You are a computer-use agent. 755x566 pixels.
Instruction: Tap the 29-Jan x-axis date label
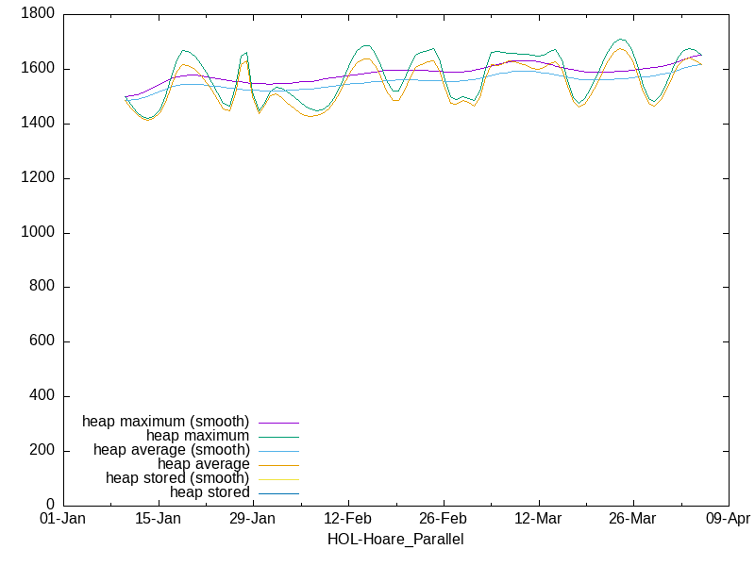[x=253, y=520]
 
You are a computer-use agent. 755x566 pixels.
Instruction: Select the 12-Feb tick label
[x=348, y=520]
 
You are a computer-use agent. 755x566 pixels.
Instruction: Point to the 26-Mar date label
[x=632, y=520]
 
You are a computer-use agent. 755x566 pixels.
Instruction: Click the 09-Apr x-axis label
[x=728, y=520]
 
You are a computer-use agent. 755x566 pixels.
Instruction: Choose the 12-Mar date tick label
[x=538, y=520]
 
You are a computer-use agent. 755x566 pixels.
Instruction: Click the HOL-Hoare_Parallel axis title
[x=395, y=540]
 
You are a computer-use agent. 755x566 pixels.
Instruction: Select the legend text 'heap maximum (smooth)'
[x=166, y=422]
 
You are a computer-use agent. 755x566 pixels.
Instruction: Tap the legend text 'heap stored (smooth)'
[x=177, y=478]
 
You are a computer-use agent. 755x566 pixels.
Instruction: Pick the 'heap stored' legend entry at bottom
[x=210, y=492]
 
